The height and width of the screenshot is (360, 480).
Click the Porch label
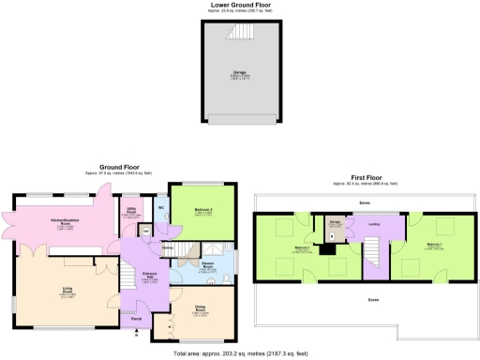pos(137,322)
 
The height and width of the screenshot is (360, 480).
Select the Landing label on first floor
pos(372,223)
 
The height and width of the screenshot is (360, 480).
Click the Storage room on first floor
pos(335,225)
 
